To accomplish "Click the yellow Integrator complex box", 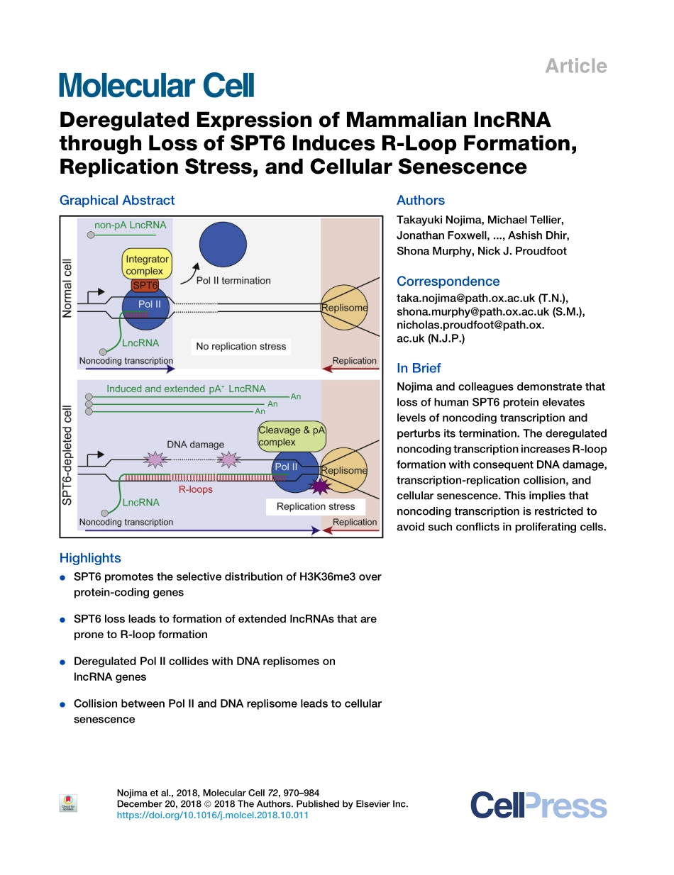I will pos(147,264).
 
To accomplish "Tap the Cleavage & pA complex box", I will pos(291,436).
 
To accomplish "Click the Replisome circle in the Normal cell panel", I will pos(346,307).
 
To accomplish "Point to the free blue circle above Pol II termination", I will pos(223,246).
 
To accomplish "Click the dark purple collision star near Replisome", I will pos(320,486).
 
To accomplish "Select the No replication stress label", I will pos(241,346).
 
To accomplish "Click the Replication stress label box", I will pos(316,506).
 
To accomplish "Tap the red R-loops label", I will pos(196,489).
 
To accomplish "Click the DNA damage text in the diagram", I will pos(195,445).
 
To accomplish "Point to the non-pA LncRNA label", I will pos(131,225).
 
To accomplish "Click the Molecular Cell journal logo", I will pos(157,86).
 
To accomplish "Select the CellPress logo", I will pos(538,806).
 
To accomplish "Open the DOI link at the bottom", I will pos(212,815).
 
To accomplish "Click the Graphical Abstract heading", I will pos(117,201).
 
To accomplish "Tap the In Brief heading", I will pos(419,368).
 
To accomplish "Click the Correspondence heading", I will pos(448,282).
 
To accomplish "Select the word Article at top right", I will pos(575,67).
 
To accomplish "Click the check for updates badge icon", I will pos(68,803).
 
